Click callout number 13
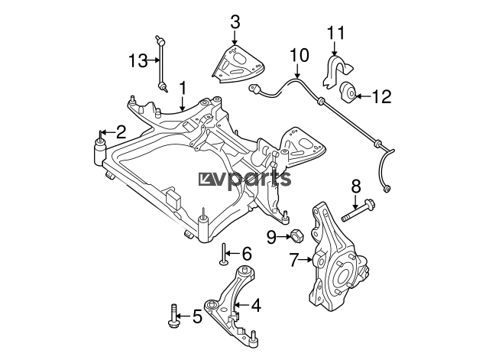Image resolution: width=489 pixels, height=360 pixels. click(x=138, y=60)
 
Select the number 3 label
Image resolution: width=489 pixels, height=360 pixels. click(x=235, y=22)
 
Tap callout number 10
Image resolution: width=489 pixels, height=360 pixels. click(x=300, y=55)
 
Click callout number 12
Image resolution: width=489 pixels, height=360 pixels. click(x=382, y=96)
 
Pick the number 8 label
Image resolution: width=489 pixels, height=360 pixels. click(x=356, y=186)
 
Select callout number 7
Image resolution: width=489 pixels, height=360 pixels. click(x=293, y=260)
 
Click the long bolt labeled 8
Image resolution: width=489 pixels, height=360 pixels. click(x=358, y=211)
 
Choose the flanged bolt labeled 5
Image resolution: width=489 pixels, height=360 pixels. click(x=173, y=316)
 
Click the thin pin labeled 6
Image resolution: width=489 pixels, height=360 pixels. click(x=224, y=255)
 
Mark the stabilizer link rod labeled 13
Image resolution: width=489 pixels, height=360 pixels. click(x=161, y=64)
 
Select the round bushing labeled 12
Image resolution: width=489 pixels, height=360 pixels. click(x=348, y=91)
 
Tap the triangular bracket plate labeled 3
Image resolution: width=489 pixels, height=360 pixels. click(x=238, y=65)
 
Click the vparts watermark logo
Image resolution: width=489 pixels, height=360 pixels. click(x=244, y=179)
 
